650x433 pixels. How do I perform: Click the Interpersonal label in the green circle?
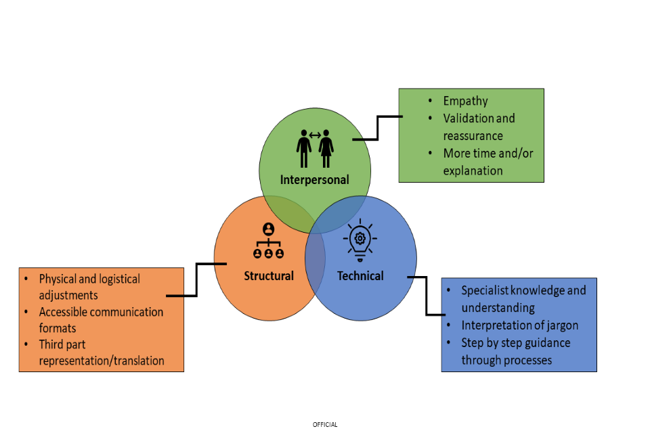(315, 180)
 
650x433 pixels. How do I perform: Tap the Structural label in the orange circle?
(269, 276)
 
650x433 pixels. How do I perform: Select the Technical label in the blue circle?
(360, 276)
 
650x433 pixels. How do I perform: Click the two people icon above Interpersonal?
(315, 148)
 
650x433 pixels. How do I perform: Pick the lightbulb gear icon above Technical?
(360, 238)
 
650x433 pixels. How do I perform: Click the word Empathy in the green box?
(465, 101)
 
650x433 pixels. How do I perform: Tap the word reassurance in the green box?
(473, 136)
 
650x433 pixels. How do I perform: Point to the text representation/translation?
(102, 361)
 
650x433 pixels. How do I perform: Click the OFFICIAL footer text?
(325, 425)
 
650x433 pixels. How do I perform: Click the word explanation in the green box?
(473, 170)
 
